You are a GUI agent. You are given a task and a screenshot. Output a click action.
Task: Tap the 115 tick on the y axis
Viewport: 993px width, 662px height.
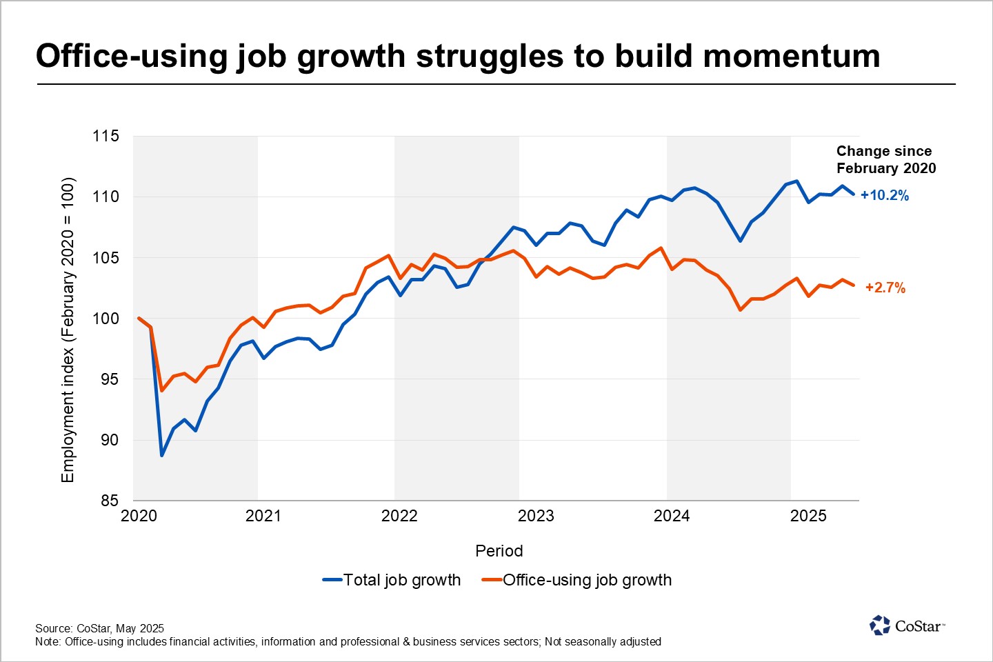(106, 136)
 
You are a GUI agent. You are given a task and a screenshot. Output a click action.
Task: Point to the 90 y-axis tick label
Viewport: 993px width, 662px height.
(110, 440)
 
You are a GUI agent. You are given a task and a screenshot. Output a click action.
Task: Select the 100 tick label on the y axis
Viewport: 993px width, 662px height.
(106, 319)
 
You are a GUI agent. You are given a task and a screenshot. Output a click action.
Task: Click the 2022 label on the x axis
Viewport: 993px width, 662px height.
(399, 516)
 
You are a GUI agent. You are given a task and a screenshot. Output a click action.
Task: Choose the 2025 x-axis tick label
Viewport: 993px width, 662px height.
(808, 516)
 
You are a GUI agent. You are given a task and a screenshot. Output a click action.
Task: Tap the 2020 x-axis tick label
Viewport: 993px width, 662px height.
(139, 516)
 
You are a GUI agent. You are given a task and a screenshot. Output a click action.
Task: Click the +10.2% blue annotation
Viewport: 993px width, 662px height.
(885, 195)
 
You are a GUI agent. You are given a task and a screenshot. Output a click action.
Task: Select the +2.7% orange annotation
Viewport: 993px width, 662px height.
(885, 288)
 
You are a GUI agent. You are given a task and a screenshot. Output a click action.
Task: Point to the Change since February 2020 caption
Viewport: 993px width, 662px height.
(886, 159)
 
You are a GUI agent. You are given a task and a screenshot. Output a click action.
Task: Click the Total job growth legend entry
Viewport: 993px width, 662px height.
(392, 580)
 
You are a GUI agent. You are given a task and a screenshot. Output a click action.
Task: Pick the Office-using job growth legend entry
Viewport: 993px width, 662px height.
(577, 580)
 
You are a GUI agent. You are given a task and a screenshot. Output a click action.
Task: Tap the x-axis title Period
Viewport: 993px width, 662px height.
(499, 551)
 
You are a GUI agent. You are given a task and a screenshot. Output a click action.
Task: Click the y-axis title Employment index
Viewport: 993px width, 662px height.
(68, 330)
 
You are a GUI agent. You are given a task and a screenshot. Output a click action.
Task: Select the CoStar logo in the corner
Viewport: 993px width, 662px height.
(907, 625)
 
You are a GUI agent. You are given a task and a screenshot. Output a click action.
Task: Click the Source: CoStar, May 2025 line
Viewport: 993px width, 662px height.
(100, 628)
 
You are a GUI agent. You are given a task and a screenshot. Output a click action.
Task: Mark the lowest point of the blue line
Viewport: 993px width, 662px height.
(162, 455)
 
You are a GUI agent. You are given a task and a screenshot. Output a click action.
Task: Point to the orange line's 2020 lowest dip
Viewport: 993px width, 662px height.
(162, 390)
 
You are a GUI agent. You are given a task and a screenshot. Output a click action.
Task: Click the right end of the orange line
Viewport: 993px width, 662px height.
(854, 285)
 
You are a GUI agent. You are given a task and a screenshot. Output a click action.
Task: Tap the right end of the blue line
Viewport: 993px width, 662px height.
(854, 194)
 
